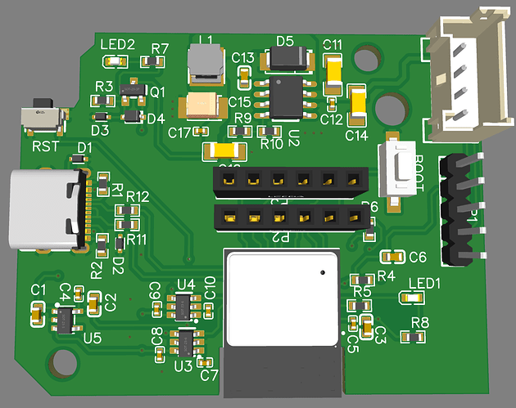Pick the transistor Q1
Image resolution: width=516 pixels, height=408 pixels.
coord(129,89)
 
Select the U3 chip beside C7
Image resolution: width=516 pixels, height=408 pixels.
coord(186,343)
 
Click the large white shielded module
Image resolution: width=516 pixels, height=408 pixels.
coord(281,299)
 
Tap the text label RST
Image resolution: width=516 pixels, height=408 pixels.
coord(46,147)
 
